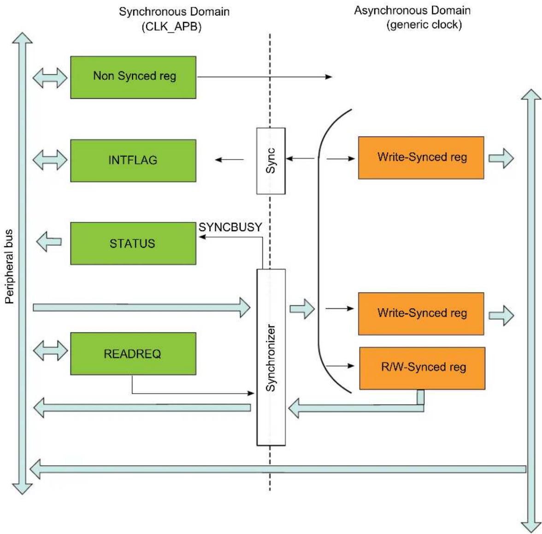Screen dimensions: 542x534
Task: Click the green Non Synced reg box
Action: [x=133, y=78]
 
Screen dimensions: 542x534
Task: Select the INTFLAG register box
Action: [x=133, y=161]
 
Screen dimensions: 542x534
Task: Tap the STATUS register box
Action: [x=133, y=243]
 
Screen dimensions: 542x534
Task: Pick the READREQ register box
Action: [x=133, y=354]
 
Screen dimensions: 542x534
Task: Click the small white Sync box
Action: [x=271, y=161]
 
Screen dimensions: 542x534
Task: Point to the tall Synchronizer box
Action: [x=271, y=357]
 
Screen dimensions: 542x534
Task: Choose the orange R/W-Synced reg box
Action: [x=422, y=368]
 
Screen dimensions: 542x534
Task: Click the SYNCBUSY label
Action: [x=230, y=227]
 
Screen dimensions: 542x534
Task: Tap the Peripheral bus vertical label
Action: [x=9, y=266]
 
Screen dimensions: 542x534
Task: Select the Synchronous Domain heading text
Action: [x=174, y=12]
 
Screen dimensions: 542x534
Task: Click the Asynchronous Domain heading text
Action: [x=412, y=10]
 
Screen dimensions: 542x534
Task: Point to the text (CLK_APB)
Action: [x=171, y=26]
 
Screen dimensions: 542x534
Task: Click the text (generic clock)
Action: [x=424, y=24]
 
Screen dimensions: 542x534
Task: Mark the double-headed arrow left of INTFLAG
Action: [x=50, y=160]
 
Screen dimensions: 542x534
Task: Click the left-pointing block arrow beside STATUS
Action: [x=49, y=241]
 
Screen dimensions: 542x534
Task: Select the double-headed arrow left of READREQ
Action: [x=51, y=351]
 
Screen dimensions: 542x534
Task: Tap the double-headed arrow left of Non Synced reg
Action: [x=50, y=78]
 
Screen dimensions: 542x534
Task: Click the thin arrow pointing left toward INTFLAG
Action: [x=229, y=160]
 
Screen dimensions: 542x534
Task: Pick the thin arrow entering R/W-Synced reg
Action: [x=340, y=366]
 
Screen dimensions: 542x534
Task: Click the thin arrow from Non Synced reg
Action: [x=265, y=77]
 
